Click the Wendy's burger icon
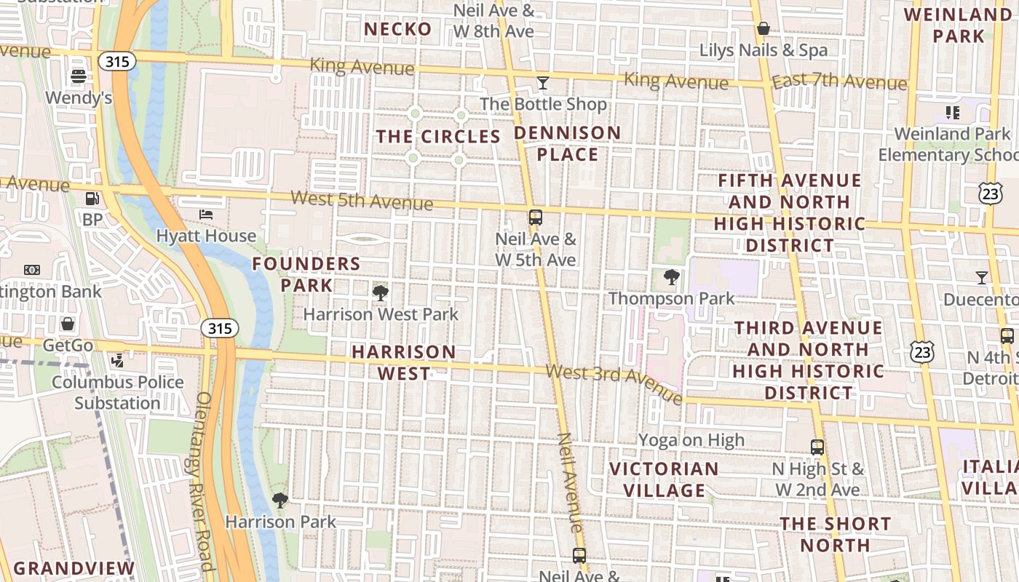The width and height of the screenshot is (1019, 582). (79, 76)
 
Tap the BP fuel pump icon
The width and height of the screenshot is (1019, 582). (92, 198)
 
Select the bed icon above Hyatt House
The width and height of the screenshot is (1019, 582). (207, 214)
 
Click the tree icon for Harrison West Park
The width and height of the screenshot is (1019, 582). (380, 293)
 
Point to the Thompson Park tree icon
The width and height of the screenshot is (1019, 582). (672, 277)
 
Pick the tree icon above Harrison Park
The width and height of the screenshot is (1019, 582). (279, 501)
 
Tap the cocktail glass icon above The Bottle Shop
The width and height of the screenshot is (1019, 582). (542, 83)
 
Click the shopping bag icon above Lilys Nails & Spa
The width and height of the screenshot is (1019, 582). (764, 29)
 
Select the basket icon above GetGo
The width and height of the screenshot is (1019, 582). (68, 323)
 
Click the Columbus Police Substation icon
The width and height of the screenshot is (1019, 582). (117, 360)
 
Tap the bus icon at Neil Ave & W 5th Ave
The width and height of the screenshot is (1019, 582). (536, 217)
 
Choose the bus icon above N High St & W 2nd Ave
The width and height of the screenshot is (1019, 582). (817, 447)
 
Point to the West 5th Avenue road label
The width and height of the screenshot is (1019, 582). (362, 200)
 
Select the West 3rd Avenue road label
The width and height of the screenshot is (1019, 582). (614, 383)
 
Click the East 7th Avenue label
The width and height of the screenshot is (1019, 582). (839, 81)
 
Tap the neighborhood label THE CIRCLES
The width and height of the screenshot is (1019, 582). (438, 137)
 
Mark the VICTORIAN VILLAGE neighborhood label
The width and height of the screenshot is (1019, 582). (664, 479)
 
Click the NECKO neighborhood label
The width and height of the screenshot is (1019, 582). (397, 29)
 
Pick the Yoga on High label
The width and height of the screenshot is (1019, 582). (691, 440)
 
